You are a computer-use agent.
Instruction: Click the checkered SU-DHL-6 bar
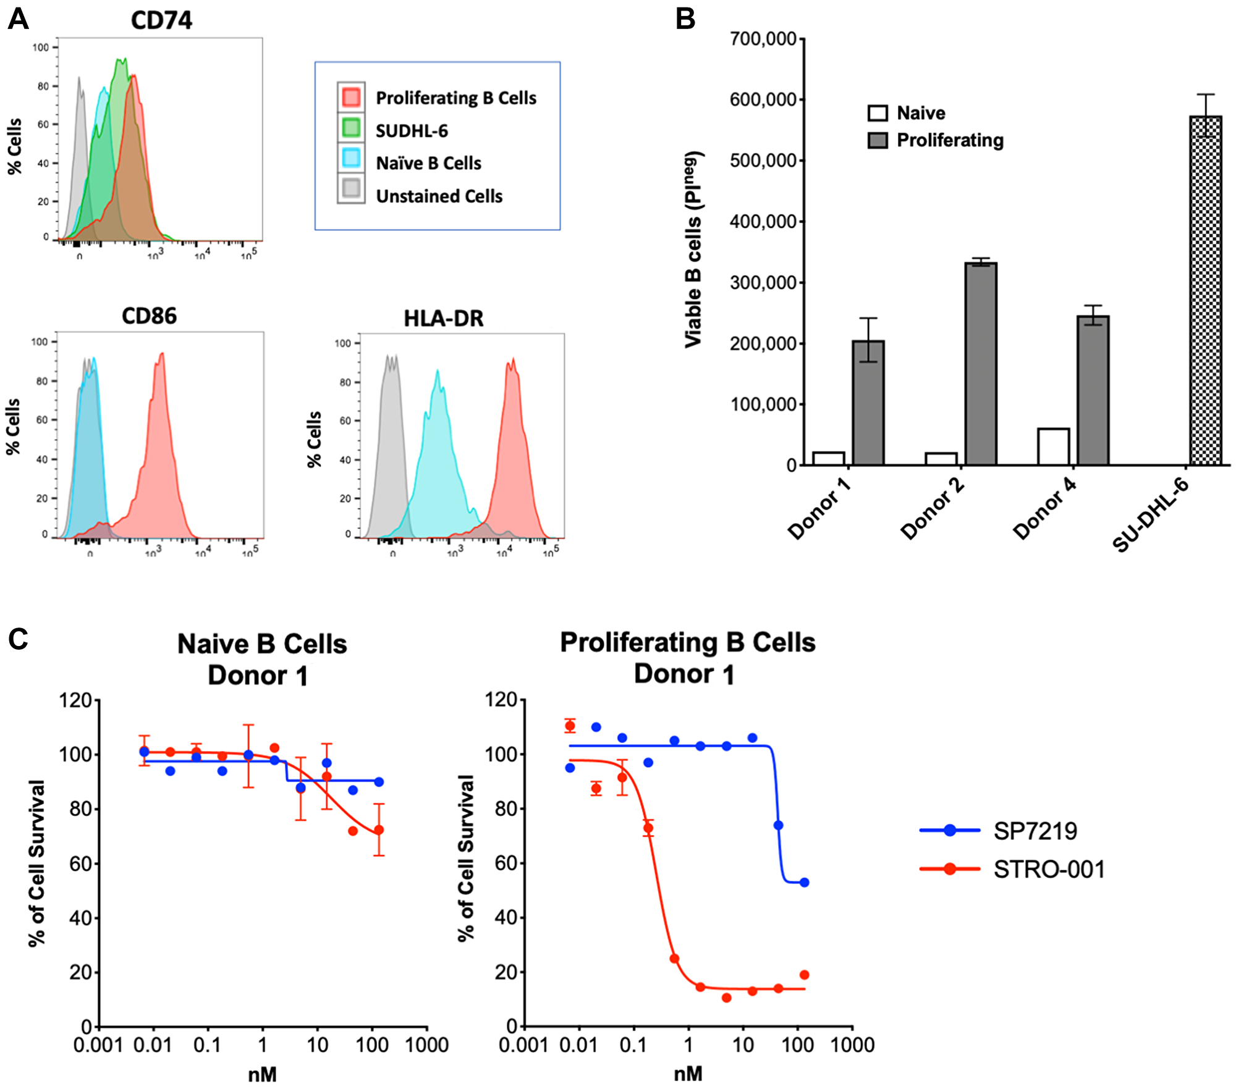[x=1205, y=290]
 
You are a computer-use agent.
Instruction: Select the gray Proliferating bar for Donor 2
[x=981, y=364]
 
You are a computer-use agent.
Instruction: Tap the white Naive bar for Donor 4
[x=1053, y=447]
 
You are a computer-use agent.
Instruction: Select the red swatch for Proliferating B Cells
[x=351, y=97]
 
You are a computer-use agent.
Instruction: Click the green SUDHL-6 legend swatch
[x=351, y=128]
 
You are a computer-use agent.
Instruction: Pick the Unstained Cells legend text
[x=439, y=196]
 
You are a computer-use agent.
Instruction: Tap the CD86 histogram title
[x=149, y=316]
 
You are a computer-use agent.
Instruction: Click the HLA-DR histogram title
[x=443, y=318]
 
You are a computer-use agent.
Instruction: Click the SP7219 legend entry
[x=1035, y=831]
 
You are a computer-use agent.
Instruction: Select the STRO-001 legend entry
[x=1048, y=869]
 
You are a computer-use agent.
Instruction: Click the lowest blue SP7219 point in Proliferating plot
[x=804, y=883]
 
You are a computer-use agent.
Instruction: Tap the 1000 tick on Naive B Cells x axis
[x=426, y=1045]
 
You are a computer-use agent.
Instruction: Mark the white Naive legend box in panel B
[x=878, y=113]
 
